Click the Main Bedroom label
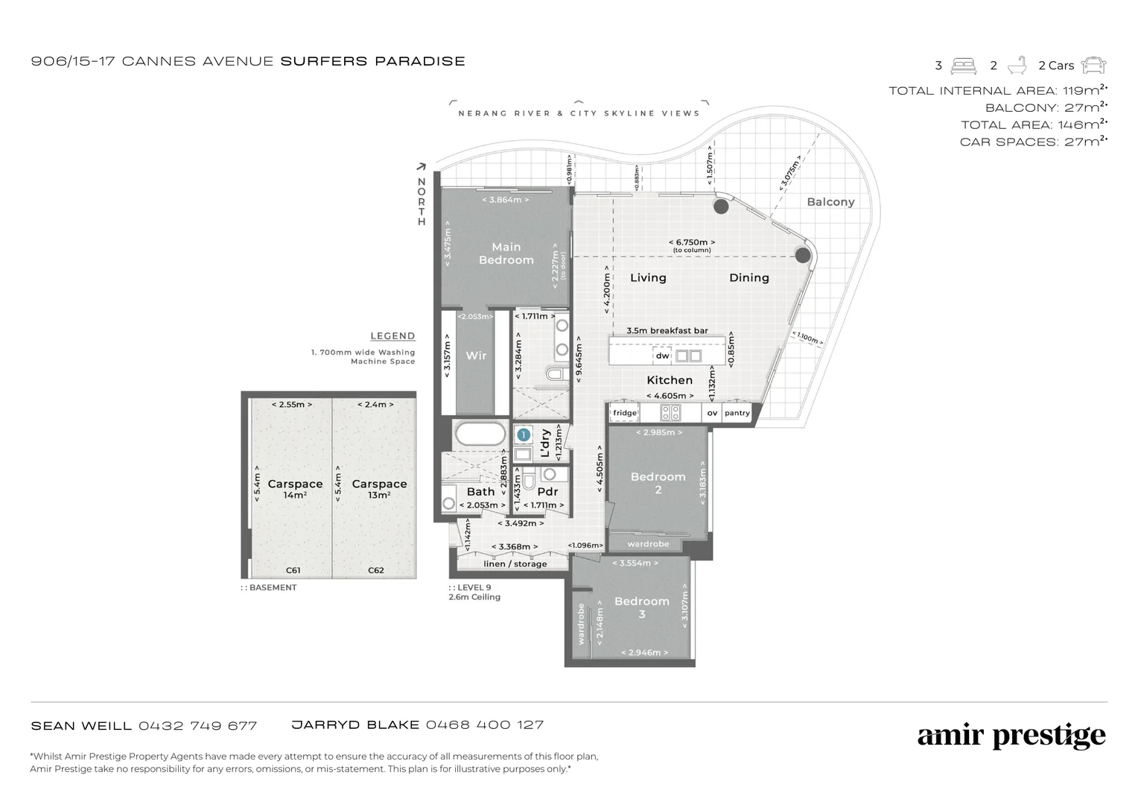coord(506,253)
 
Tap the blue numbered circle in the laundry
coord(524,435)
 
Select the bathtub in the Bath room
coord(480,435)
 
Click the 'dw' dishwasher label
coord(662,356)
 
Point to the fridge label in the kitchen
coord(625,413)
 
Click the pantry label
coord(737,413)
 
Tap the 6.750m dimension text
coord(691,242)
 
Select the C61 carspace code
coord(293,570)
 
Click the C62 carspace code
coord(376,570)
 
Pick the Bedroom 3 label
coord(641,607)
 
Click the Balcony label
coord(830,202)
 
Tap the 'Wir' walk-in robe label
coord(476,356)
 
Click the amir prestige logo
coord(1011,736)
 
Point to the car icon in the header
coord(1093,66)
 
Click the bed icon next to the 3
coord(964,66)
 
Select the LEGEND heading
coord(392,336)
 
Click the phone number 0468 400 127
coord(485,724)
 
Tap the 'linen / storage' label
coord(515,564)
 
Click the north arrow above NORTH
coord(422,167)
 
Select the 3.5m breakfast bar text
coord(667,331)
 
